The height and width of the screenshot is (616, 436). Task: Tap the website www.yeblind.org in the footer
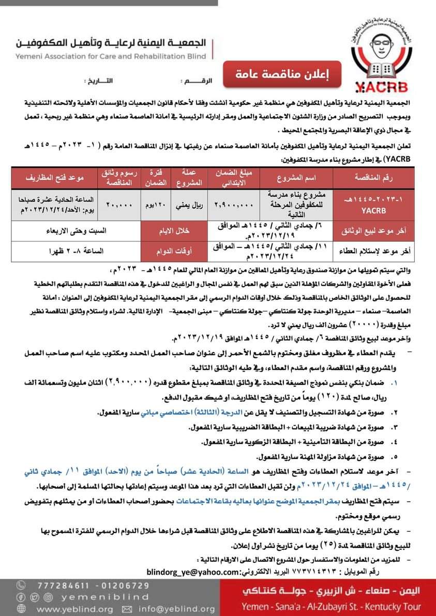(74, 609)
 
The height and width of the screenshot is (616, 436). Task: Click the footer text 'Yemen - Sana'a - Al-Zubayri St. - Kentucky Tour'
(331, 608)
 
